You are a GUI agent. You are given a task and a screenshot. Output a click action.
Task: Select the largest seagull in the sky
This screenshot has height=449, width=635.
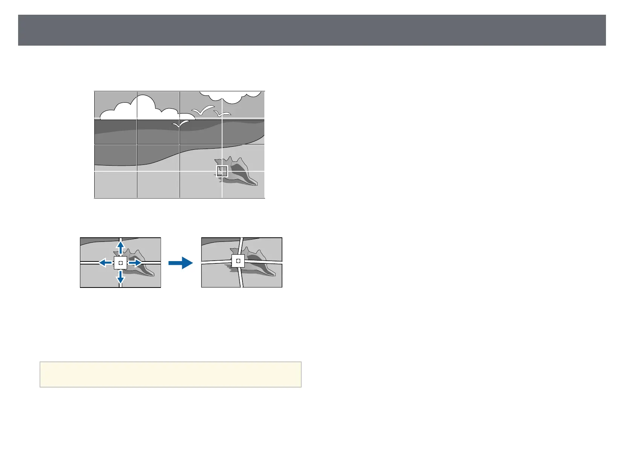[x=203, y=110]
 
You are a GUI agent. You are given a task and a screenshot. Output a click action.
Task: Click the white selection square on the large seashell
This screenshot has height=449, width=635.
[x=222, y=171]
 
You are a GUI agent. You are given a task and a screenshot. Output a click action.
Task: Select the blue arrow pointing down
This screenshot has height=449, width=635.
[x=120, y=277]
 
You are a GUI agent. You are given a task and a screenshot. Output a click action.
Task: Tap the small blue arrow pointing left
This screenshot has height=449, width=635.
[x=105, y=263]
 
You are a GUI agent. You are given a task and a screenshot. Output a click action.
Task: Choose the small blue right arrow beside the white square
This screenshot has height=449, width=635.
[x=135, y=263]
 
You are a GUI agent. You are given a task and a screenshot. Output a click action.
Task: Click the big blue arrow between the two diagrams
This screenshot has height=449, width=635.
[x=181, y=263]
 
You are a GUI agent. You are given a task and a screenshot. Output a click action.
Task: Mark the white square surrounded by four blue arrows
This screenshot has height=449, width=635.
[x=120, y=263]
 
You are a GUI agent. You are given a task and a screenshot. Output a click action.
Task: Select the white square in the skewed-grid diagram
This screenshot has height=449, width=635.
[x=238, y=261]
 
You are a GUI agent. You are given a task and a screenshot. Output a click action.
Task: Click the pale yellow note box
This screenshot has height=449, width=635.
[x=170, y=374]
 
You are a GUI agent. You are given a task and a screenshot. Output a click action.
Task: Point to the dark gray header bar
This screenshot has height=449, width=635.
[x=312, y=30]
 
